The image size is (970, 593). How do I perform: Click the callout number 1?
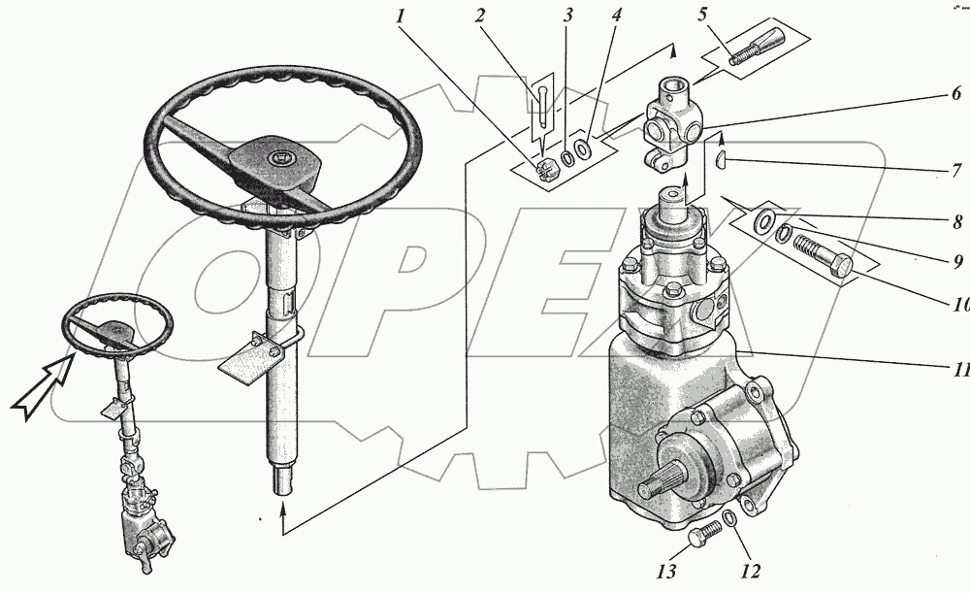(x=401, y=16)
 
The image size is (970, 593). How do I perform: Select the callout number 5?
(x=702, y=15)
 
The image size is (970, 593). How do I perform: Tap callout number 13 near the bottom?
(x=667, y=572)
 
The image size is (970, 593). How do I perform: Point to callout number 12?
(x=750, y=572)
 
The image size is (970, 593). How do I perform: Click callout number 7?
(x=956, y=171)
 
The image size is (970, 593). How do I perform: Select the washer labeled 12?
(x=730, y=518)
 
